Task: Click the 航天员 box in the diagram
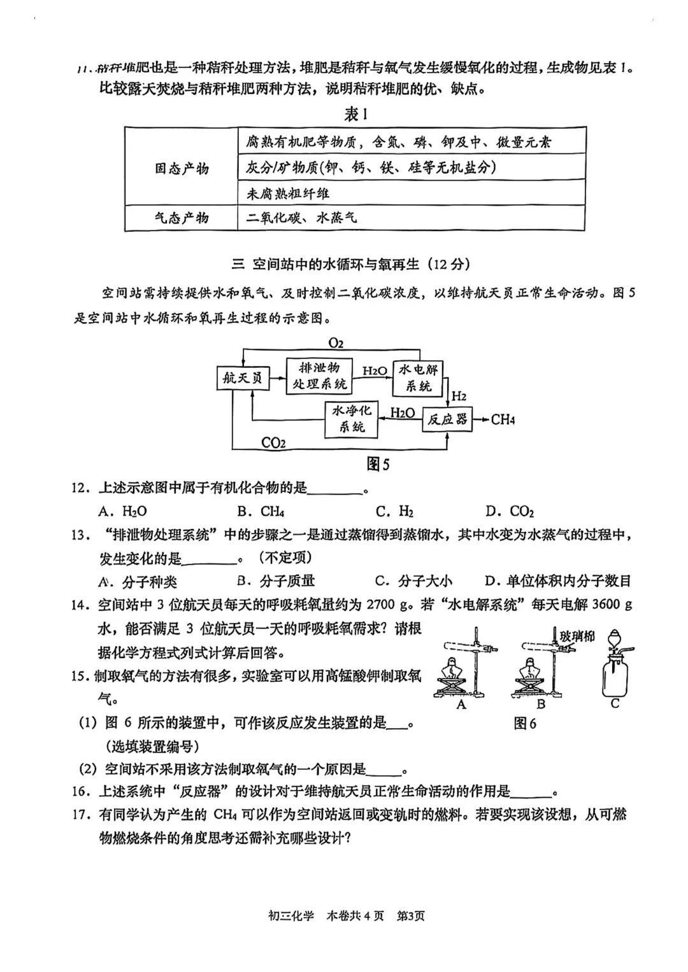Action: (x=242, y=377)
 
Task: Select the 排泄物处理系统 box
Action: (x=319, y=376)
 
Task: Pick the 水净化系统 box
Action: (x=352, y=419)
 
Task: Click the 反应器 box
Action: (x=447, y=419)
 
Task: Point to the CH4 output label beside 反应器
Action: (x=503, y=419)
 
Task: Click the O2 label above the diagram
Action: (x=336, y=343)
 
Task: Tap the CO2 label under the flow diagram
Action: (x=273, y=443)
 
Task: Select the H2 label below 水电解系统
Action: (x=459, y=396)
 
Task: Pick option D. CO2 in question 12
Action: (x=510, y=511)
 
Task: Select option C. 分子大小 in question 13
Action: (x=414, y=581)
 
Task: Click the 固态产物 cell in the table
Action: (x=182, y=168)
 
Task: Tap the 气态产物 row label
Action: (x=182, y=218)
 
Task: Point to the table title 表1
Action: (x=355, y=115)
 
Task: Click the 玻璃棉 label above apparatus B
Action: (x=577, y=635)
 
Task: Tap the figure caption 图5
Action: (x=378, y=465)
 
